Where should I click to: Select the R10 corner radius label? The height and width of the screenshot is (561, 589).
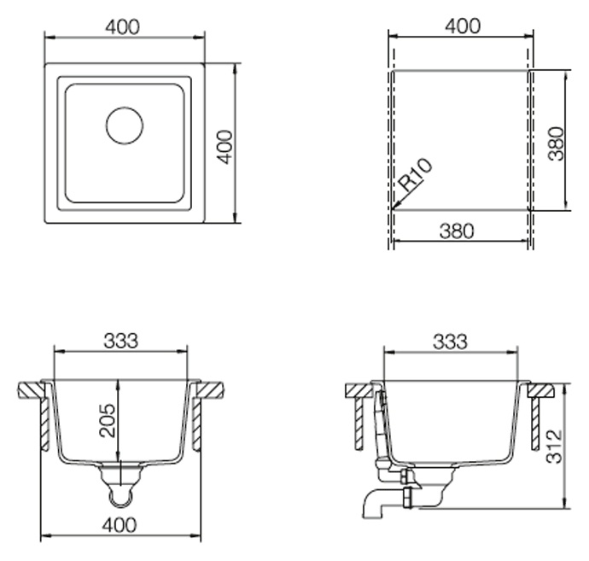click(416, 174)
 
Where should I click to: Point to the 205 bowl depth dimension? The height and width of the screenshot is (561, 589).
click(108, 420)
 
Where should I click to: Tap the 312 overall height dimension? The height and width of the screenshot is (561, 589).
click(555, 447)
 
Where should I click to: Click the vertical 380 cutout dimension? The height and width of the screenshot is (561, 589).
click(556, 143)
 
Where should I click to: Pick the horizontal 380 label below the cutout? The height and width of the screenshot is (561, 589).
click(457, 231)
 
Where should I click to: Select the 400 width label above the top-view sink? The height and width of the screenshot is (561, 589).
click(122, 27)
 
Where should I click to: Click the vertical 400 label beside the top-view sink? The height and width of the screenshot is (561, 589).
click(225, 147)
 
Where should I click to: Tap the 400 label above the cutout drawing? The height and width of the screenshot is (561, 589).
click(463, 26)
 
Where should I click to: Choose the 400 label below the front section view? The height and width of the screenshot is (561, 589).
click(120, 524)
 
